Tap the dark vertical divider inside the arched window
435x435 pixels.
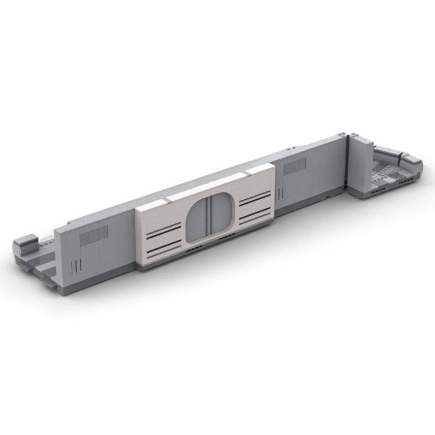[x=211, y=217]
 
